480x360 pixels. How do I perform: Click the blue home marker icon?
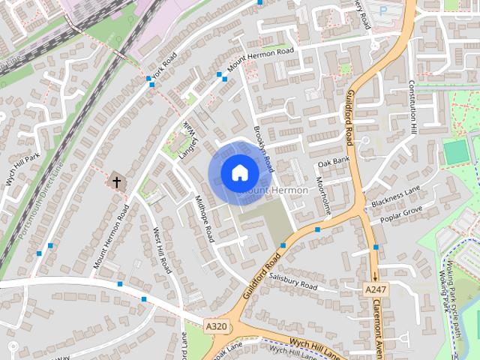pos(239,172)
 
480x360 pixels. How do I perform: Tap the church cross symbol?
pos(116,181)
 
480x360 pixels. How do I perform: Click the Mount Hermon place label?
pos(274,190)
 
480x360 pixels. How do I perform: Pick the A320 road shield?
pos(216,326)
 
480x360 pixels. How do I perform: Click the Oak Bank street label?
pos(334,161)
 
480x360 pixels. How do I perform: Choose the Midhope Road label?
pos(205,218)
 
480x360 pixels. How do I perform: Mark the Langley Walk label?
pos(188,140)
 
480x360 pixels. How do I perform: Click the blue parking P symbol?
pos(385,11)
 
